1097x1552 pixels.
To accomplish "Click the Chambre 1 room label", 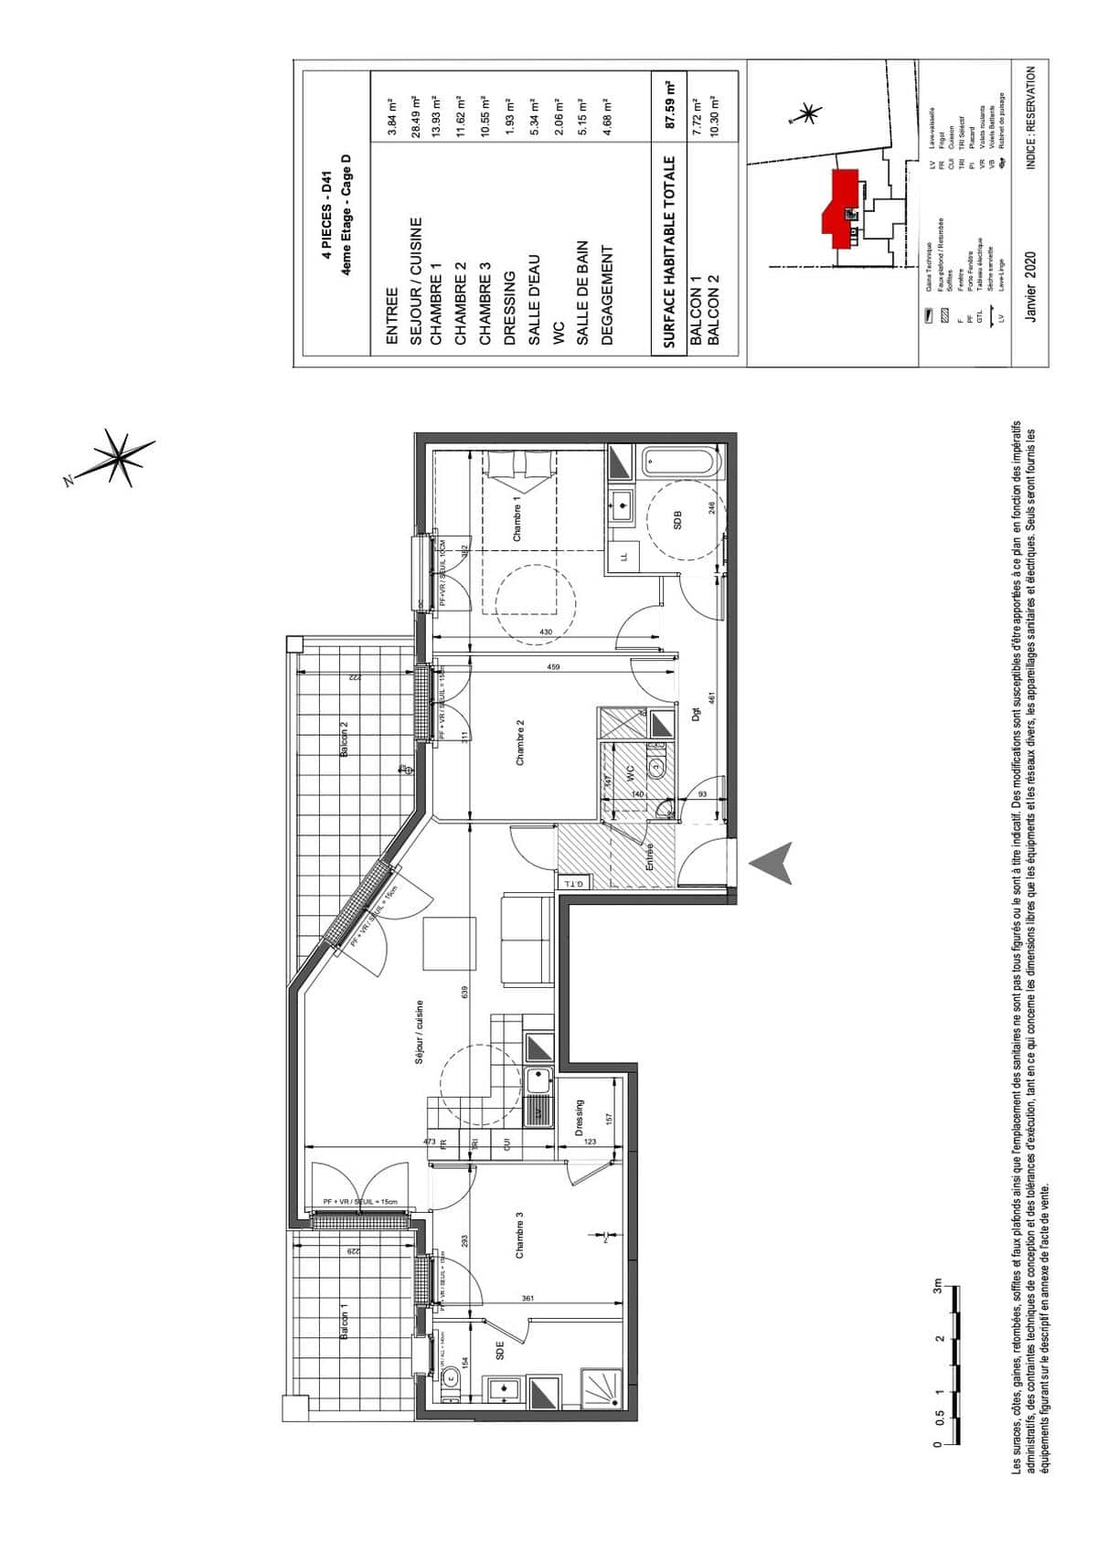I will pos(517,524).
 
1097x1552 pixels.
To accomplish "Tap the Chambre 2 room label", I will pos(520,742).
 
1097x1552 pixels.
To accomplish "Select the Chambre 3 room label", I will pos(520,1236).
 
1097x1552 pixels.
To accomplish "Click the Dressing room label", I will pos(580,1117).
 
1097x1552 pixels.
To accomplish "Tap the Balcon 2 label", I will pos(344,739).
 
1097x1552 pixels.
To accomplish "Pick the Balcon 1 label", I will pos(344,1322).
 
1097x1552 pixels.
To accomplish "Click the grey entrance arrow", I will pos(772,863).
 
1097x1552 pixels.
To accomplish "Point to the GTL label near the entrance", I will pos(573,883).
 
